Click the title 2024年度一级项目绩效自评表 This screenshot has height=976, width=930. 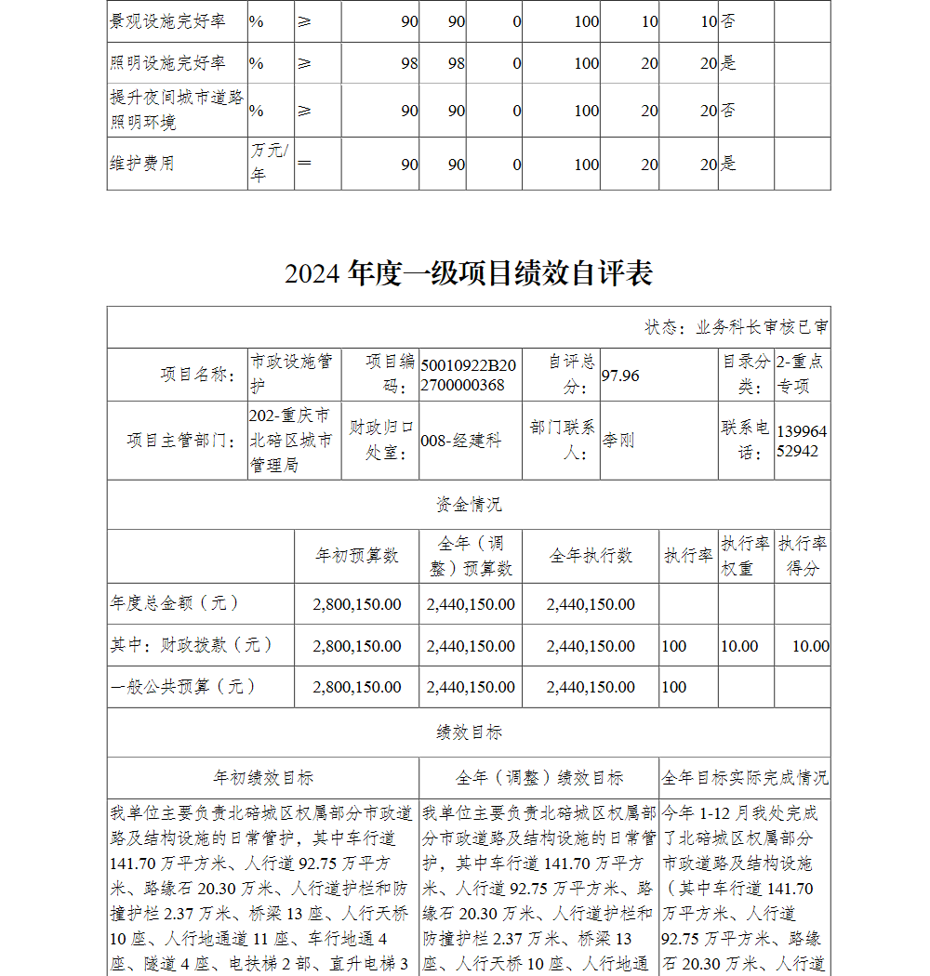[x=469, y=273]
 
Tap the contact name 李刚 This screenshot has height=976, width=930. [x=618, y=441]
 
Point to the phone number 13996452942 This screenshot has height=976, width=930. [x=801, y=441]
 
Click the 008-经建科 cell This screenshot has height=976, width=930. [x=461, y=441]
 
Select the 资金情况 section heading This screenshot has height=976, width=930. [x=469, y=505]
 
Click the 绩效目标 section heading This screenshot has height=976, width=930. [x=469, y=732]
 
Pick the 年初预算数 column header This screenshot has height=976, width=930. [x=357, y=556]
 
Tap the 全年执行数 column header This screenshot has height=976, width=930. [x=591, y=556]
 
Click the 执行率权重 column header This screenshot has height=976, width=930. [x=746, y=556]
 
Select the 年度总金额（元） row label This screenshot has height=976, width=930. [x=175, y=603]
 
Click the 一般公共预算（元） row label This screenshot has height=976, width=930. [x=182, y=687]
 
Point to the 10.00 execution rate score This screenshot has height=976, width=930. [x=810, y=646]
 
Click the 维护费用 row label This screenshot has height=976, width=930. [x=141, y=164]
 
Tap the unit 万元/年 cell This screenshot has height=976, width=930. [x=269, y=163]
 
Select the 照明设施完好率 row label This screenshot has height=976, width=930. [x=167, y=63]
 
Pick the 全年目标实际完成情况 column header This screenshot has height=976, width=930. [x=745, y=777]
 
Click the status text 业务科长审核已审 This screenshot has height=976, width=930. [x=737, y=327]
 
